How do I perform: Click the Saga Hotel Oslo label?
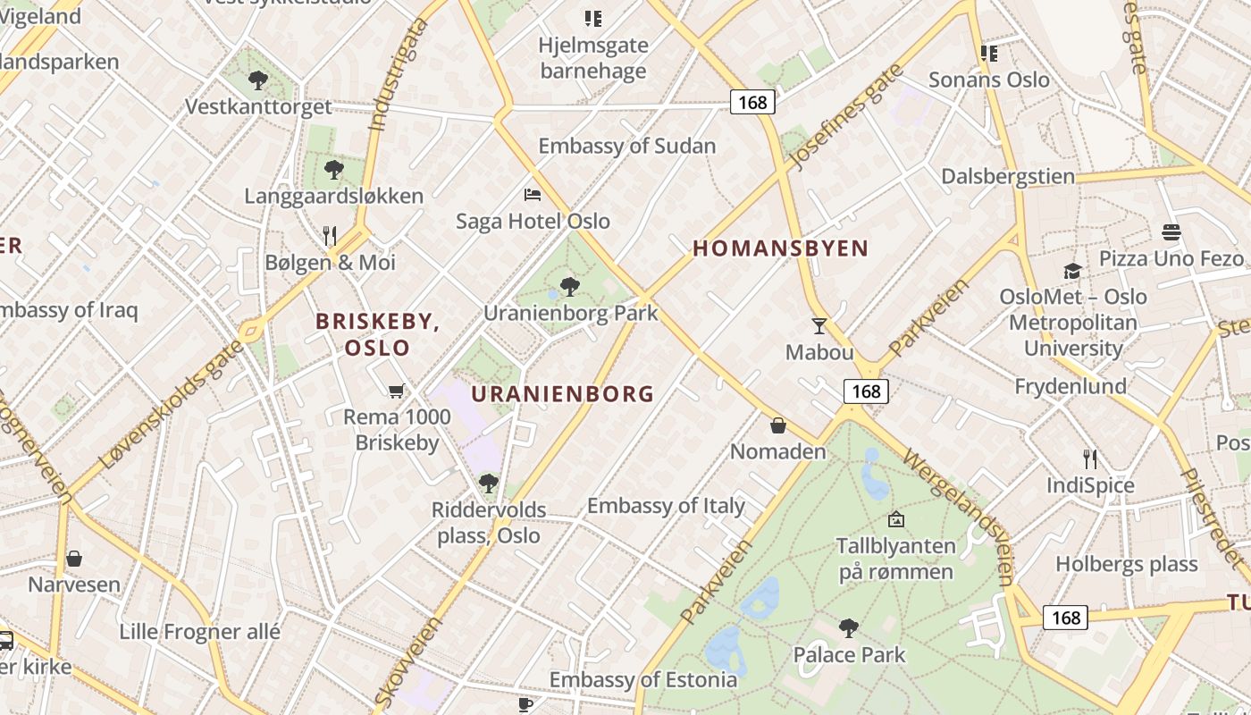[x=533, y=221]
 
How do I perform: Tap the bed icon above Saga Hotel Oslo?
[x=533, y=194]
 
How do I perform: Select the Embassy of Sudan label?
[x=626, y=146]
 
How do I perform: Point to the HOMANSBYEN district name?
[x=780, y=248]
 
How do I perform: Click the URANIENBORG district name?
[x=562, y=393]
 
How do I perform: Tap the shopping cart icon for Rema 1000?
[x=397, y=391]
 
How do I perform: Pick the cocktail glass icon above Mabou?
[x=819, y=325]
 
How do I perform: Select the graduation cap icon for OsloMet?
[x=1072, y=271]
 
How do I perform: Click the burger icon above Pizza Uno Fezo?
[x=1171, y=232]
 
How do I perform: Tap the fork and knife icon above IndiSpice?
[x=1090, y=459]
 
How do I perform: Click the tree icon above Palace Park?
[x=849, y=628]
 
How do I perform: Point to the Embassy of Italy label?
[x=666, y=506]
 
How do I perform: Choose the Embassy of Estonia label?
[x=643, y=679]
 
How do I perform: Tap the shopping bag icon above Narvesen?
[x=74, y=559]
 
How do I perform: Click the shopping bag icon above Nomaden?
[x=778, y=425]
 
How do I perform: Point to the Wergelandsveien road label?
[x=960, y=515]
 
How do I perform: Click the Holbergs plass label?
[x=1126, y=564]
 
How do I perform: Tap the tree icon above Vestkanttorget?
[x=258, y=80]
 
